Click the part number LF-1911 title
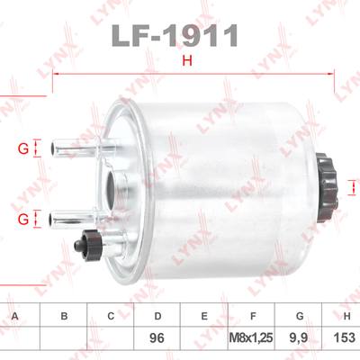pyautogui.click(x=175, y=36)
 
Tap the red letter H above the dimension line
pyautogui.click(x=187, y=61)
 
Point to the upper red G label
pyautogui.click(x=23, y=148)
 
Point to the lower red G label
pyautogui.click(x=23, y=220)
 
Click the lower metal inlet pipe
pyautogui.click(x=79, y=220)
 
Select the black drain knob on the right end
pyautogui.click(x=327, y=188)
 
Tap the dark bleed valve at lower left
pyautogui.click(x=88, y=245)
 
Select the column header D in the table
pyautogui.click(x=157, y=316)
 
